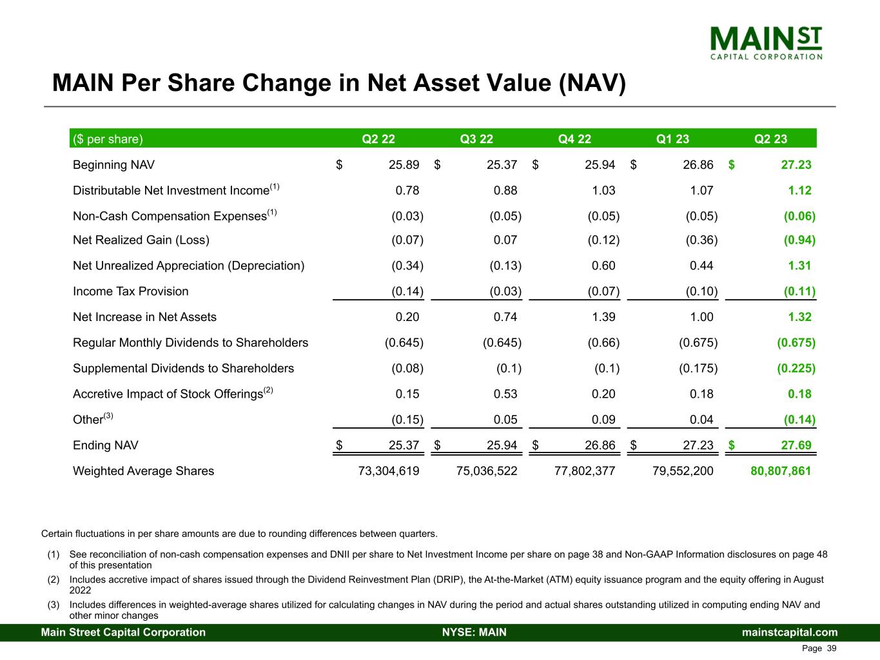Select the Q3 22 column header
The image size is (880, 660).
[476, 139]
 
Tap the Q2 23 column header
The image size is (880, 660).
[770, 139]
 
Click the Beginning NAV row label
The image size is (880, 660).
[113, 165]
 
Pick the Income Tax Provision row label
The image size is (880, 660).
[131, 291]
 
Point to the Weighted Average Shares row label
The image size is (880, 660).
[143, 471]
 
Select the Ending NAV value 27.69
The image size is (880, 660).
[796, 445]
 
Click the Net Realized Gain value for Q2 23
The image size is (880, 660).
[799, 240]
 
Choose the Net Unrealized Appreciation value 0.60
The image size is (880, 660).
[603, 266]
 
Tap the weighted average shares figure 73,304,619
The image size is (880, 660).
[388, 471]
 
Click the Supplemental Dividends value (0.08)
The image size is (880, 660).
[407, 369]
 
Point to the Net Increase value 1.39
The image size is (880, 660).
[603, 317]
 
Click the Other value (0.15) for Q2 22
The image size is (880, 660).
[407, 420]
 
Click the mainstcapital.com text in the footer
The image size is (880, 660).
[790, 632]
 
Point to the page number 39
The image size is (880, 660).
[832, 648]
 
